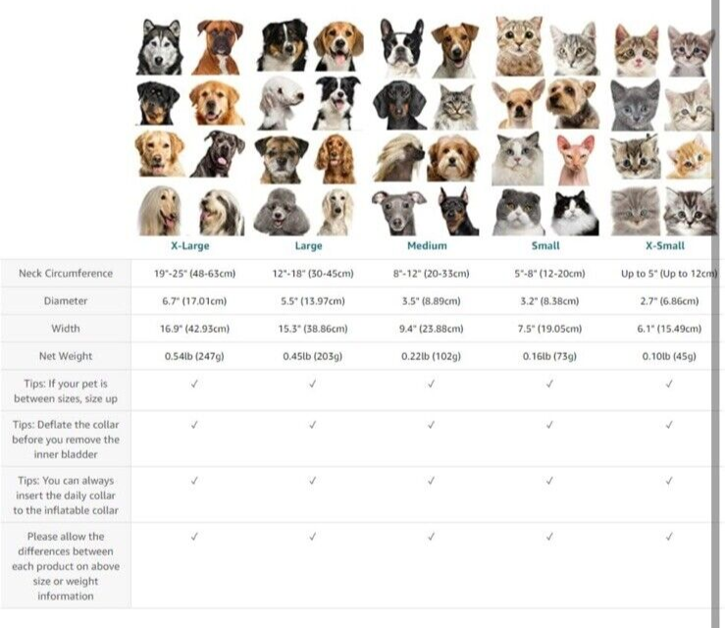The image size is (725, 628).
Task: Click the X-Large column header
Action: tap(189, 245)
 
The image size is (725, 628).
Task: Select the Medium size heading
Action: tap(427, 245)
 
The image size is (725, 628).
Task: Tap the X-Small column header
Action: tap(665, 245)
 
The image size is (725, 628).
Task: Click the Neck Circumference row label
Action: tap(66, 274)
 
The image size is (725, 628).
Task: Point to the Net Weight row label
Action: tap(66, 356)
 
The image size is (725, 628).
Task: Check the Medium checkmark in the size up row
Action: tap(431, 384)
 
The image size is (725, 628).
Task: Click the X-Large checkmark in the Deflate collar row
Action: tap(194, 425)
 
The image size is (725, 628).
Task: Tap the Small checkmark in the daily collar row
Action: tap(549, 481)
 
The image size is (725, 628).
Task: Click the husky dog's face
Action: tap(160, 47)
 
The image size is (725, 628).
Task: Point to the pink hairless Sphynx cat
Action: tap(574, 160)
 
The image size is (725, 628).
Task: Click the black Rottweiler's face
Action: tap(157, 104)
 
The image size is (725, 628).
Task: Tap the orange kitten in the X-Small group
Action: tap(689, 159)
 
